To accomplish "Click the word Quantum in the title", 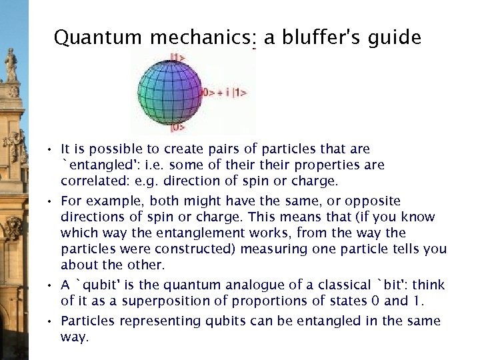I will pos(99,38).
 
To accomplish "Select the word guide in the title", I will pos(397,38).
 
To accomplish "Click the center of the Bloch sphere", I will pos(169,92).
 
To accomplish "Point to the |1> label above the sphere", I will pos(178,58).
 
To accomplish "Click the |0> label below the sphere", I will pos(178,126).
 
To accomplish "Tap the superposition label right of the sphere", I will pos(225,92).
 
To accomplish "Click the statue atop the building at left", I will pos(11,65).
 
